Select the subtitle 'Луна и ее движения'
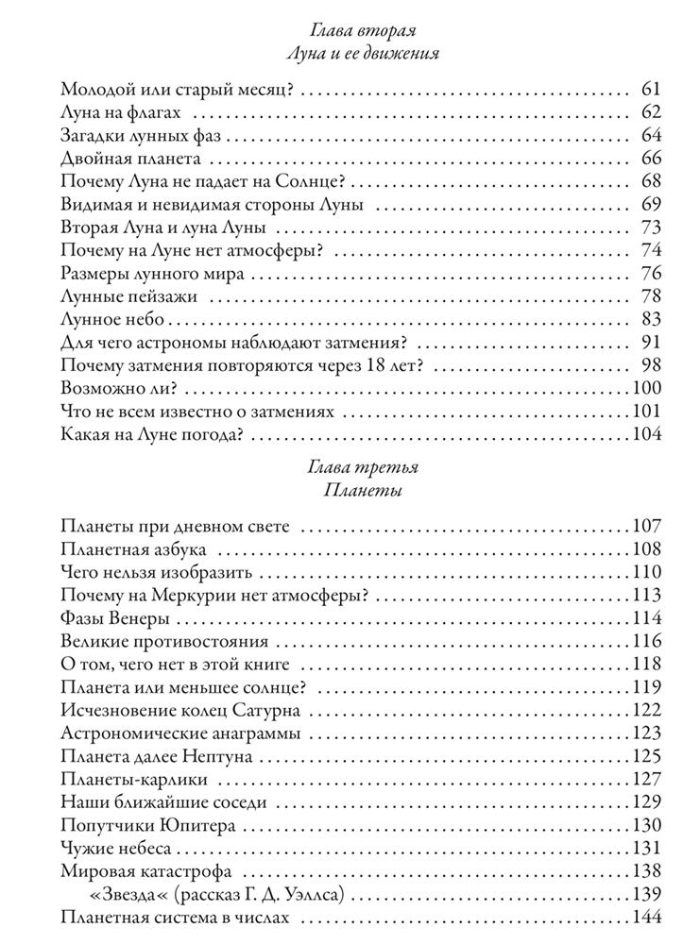coord(363,55)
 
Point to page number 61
coord(648,91)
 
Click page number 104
coord(646,435)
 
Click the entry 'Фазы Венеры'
coord(114,618)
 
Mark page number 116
coord(646,641)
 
